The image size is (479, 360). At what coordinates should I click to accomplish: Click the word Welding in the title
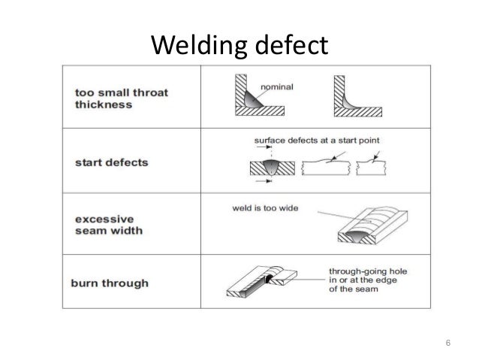(194, 46)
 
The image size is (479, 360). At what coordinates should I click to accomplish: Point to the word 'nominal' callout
(276, 86)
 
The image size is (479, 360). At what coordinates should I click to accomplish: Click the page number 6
(448, 344)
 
